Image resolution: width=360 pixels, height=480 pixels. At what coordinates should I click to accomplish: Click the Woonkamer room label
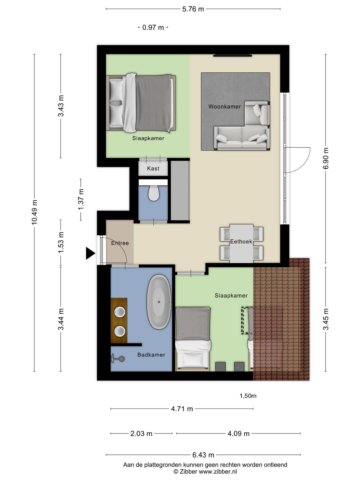224,107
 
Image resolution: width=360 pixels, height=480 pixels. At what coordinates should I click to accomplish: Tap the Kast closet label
153,168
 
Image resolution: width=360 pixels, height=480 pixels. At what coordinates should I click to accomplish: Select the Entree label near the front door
120,243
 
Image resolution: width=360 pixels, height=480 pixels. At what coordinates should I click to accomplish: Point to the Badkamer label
151,355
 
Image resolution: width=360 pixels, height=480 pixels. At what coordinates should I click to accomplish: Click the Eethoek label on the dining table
241,241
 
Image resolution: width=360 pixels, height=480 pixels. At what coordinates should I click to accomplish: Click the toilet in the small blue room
153,193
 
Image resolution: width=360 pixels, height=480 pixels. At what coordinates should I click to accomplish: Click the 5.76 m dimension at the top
193,9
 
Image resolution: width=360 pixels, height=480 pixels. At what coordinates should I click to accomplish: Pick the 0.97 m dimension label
153,28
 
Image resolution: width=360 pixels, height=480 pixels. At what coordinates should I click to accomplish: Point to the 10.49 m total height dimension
34,212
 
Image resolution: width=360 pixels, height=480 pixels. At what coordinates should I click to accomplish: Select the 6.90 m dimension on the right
325,158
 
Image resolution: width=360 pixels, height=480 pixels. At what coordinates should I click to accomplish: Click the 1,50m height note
248,396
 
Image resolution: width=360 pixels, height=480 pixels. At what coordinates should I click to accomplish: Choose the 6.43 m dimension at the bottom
203,455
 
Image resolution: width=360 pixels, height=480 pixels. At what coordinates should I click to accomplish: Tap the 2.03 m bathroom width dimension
141,433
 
